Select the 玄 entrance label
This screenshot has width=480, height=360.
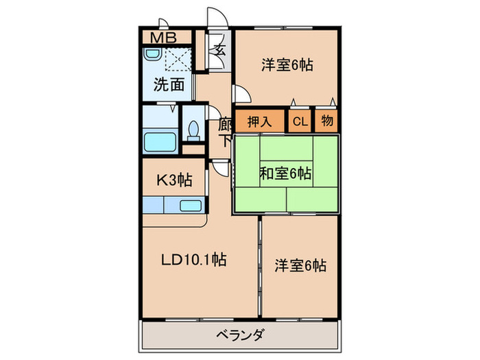point(220,49)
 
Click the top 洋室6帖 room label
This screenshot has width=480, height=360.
point(287,65)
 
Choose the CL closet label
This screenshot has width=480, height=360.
point(300,122)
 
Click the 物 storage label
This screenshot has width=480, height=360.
point(327,121)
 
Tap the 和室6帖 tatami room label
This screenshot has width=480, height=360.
point(285,174)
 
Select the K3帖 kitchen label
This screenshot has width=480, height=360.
point(174,180)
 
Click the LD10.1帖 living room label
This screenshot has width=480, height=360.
point(194,260)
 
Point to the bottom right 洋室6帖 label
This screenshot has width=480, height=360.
point(300,265)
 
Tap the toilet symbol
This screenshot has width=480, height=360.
point(193,130)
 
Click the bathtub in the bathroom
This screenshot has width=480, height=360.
point(160,142)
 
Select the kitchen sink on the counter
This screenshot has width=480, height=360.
point(189,205)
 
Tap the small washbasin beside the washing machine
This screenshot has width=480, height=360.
point(151,58)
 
